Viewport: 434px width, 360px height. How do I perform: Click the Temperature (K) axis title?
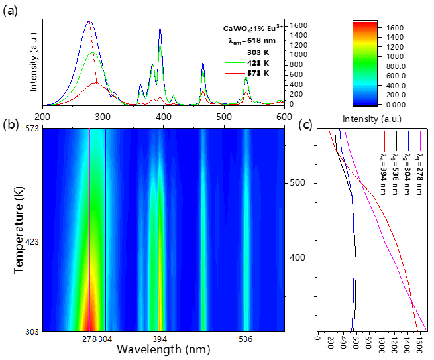[19, 230]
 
